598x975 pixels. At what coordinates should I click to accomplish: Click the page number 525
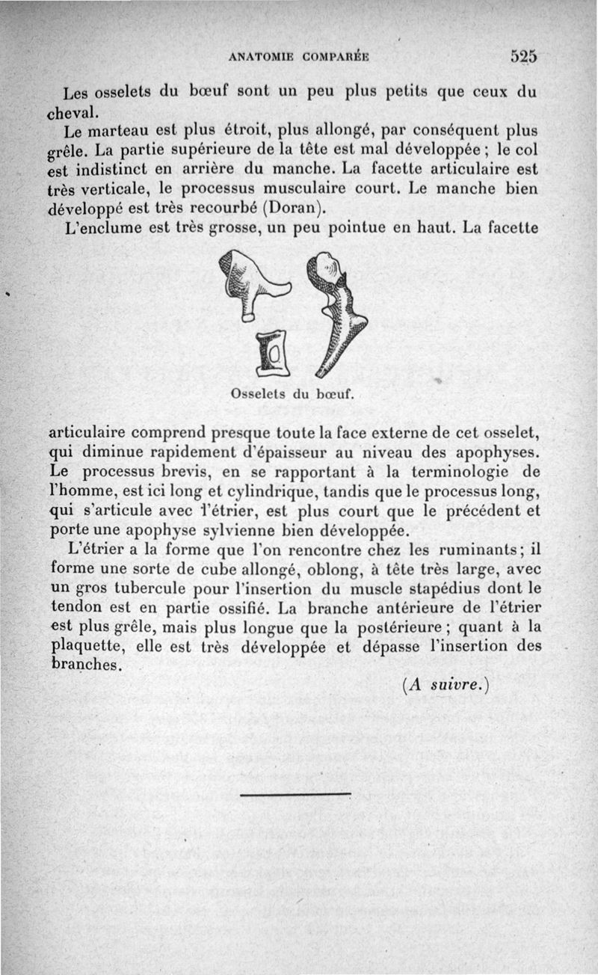pyautogui.click(x=525, y=56)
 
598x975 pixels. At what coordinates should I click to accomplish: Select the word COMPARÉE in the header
pyautogui.click(x=336, y=56)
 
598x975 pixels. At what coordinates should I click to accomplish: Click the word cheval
pyautogui.click(x=72, y=113)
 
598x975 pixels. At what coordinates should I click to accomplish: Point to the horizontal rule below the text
pyautogui.click(x=295, y=794)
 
